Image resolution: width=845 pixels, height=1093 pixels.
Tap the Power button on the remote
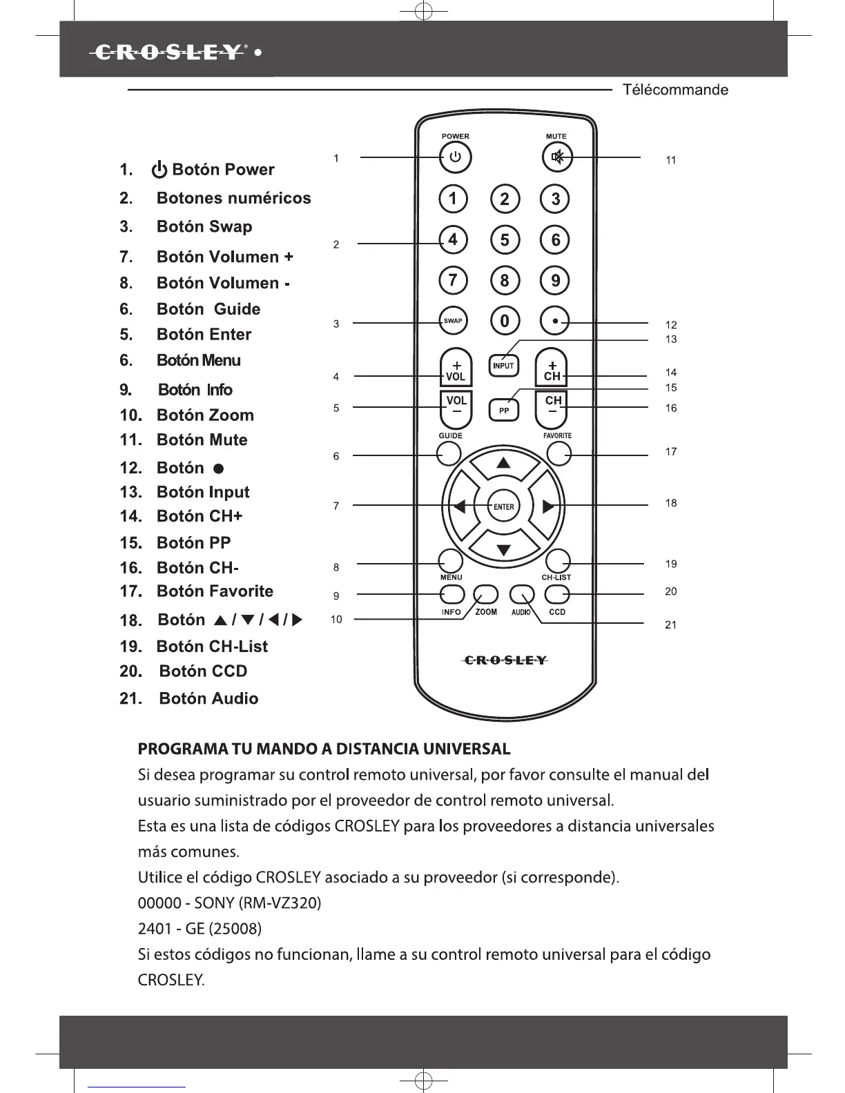pyautogui.click(x=455, y=158)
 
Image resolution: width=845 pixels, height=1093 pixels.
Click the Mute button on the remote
pyautogui.click(x=556, y=158)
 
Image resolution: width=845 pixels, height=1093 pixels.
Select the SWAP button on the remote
pyautogui.click(x=453, y=321)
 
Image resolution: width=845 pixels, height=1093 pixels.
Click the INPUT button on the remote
pyautogui.click(x=503, y=366)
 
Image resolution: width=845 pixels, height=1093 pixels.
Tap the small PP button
pyautogui.click(x=503, y=411)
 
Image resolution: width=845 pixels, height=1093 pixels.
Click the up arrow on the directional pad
pyautogui.click(x=504, y=463)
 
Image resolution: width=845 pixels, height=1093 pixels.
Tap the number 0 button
pyautogui.click(x=505, y=321)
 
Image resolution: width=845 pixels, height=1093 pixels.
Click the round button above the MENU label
pyautogui.click(x=450, y=560)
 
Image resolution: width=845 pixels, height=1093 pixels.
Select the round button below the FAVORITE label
pyautogui.click(x=559, y=453)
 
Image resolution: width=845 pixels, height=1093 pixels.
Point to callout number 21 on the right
pyautogui.click(x=670, y=625)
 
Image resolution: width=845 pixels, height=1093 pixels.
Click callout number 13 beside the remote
pyautogui.click(x=670, y=339)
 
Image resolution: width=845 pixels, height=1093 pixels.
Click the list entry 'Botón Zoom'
pyautogui.click(x=204, y=415)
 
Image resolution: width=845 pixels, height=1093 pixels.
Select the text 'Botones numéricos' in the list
pyautogui.click(x=233, y=198)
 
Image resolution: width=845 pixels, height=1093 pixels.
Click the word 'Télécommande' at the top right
pyautogui.click(x=675, y=90)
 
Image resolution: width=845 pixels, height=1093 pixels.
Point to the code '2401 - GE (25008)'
pyautogui.click(x=200, y=929)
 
